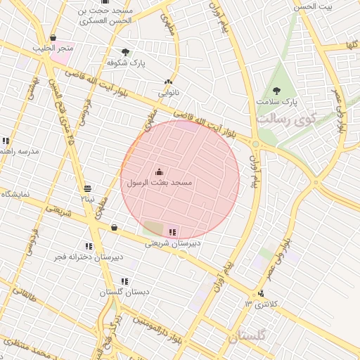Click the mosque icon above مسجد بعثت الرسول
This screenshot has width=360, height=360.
(x=159, y=172)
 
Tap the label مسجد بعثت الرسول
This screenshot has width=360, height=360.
(x=159, y=183)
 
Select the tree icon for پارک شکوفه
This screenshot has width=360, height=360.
(x=125, y=52)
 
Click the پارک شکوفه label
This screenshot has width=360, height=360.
(x=126, y=63)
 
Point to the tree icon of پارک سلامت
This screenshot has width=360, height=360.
(x=276, y=91)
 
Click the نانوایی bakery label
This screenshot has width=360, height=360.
(x=168, y=92)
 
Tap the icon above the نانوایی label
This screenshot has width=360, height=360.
(x=168, y=82)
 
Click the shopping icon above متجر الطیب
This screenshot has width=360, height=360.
(x=53, y=38)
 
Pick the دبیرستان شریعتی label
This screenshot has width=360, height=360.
(x=173, y=243)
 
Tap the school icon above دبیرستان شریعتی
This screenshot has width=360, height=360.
(x=173, y=232)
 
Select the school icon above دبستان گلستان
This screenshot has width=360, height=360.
(x=124, y=281)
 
